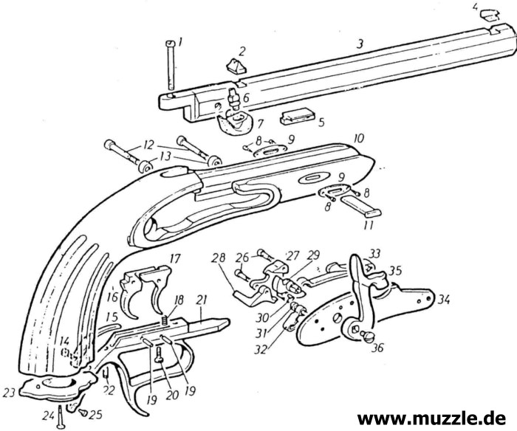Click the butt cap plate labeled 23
52,385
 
